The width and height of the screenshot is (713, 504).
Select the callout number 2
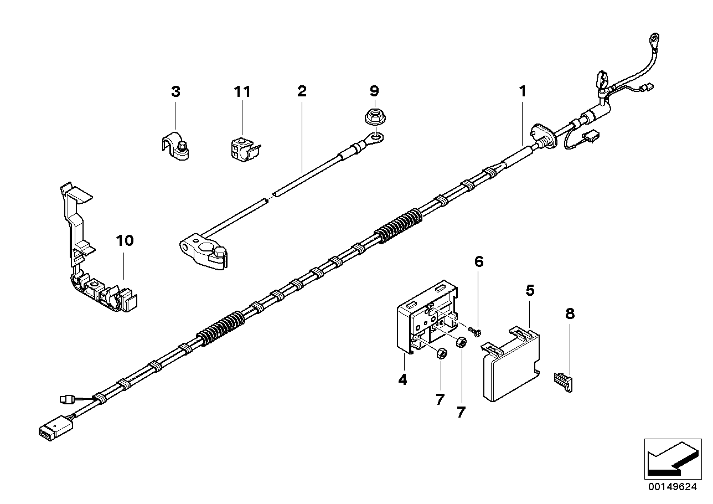tap(301, 91)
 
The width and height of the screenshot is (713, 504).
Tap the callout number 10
tap(125, 240)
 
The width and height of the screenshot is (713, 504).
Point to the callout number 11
tap(242, 91)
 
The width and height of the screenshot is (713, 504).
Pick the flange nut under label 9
tap(375, 117)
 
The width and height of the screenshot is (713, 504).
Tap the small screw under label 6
tap(474, 330)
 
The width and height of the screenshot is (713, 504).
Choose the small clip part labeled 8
tap(564, 382)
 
